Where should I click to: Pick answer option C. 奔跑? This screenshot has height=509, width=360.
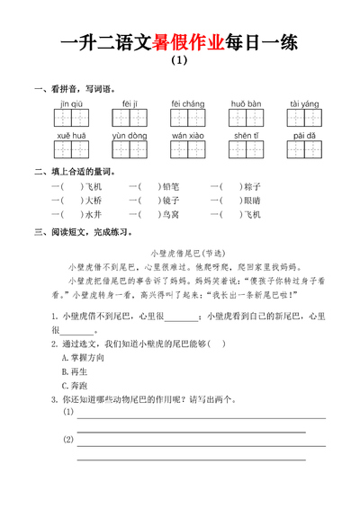[x=74, y=385]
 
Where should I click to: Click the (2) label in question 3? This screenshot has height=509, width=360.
[x=68, y=440]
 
